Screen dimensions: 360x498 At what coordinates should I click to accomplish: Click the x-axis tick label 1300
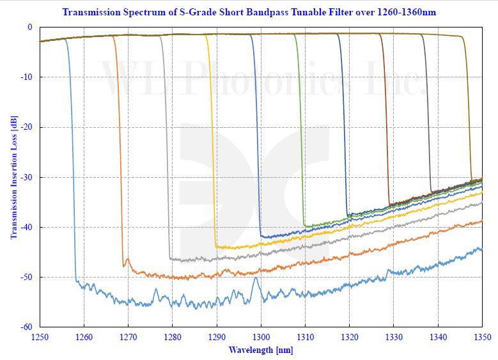click(261, 337)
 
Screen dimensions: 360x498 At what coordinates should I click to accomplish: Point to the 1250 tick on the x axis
click(40, 337)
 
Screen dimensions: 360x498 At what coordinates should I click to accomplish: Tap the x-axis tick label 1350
click(482, 337)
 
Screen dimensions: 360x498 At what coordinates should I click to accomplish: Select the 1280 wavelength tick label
click(172, 337)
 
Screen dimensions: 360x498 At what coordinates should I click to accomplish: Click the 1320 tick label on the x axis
click(349, 337)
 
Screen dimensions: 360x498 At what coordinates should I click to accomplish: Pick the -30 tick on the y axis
click(27, 177)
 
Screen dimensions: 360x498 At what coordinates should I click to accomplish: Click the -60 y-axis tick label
click(27, 327)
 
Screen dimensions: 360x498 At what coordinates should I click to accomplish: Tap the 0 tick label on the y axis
click(29, 27)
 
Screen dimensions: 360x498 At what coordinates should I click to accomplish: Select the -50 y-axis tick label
click(27, 277)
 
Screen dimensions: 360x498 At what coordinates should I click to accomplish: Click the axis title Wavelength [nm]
click(261, 350)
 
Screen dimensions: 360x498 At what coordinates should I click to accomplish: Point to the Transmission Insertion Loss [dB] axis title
click(13, 178)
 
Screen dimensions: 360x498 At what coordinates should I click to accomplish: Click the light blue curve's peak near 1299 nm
click(256, 278)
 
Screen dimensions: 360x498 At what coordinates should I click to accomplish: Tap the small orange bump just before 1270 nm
click(128, 260)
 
